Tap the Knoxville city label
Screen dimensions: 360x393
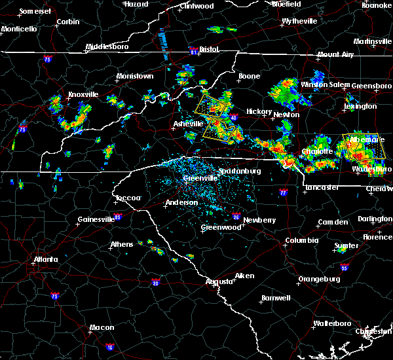click(83, 94)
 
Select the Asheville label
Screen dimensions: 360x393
click(189, 124)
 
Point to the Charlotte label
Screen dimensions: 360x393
click(317, 151)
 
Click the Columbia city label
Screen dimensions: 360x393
click(301, 240)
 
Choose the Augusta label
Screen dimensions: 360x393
click(219, 281)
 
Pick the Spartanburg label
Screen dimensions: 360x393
click(240, 171)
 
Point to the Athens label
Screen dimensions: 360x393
click(122, 244)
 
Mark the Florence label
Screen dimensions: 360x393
click(377, 236)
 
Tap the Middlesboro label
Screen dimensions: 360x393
click(109, 47)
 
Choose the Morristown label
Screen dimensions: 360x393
click(134, 77)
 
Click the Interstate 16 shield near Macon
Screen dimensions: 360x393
click(109, 347)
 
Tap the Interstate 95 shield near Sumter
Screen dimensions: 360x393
click(345, 268)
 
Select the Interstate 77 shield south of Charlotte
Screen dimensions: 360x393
click(283, 193)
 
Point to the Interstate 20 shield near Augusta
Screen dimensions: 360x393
click(156, 282)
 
